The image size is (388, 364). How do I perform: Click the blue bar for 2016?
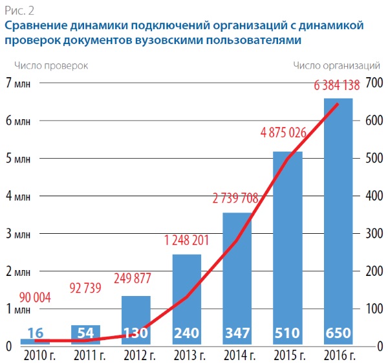pos(338,220)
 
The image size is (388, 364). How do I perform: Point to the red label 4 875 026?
pos(283,133)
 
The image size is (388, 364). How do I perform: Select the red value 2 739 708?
pos(235,198)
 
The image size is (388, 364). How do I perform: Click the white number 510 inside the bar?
pos(287,334)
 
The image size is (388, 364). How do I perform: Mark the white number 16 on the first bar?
pos(35,334)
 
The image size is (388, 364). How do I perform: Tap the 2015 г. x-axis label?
pos(288,354)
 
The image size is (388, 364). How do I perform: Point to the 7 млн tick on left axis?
pos(18,82)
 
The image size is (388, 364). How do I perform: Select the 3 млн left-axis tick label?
pos(18,234)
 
